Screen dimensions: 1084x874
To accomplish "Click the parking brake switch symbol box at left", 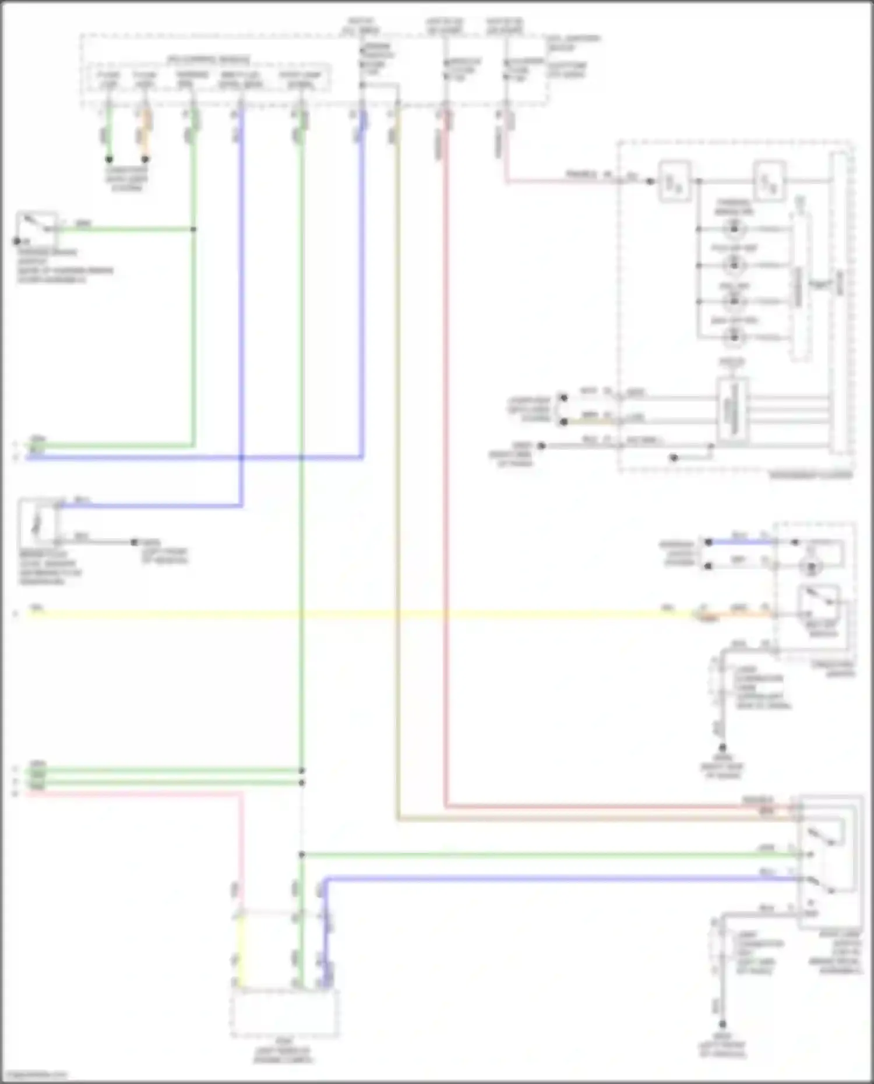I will point(37,228).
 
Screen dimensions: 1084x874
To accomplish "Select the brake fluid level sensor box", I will point(38,522).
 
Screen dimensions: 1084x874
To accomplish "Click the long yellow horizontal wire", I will point(350,613).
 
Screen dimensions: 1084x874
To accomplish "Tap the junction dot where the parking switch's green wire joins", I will point(193,229).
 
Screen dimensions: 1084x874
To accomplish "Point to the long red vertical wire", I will point(446,466).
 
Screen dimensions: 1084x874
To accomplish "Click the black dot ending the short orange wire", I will point(146,159).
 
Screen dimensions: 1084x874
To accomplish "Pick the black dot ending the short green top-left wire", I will point(109,159).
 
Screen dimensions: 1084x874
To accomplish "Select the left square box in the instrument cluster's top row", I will point(674,182).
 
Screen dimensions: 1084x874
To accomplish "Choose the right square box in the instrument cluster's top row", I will point(769,182).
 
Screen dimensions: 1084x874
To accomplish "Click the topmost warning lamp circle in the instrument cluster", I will point(734,229).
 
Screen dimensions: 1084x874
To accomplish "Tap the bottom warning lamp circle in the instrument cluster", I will point(734,337).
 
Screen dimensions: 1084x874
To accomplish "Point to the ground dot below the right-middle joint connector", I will point(723,747).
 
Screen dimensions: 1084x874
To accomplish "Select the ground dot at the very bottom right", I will point(723,1024).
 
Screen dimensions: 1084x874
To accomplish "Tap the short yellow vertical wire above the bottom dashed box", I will point(238,949).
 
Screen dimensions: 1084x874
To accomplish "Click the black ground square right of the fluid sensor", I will point(135,542).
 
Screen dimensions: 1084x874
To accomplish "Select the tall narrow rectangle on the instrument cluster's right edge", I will point(839,303).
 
